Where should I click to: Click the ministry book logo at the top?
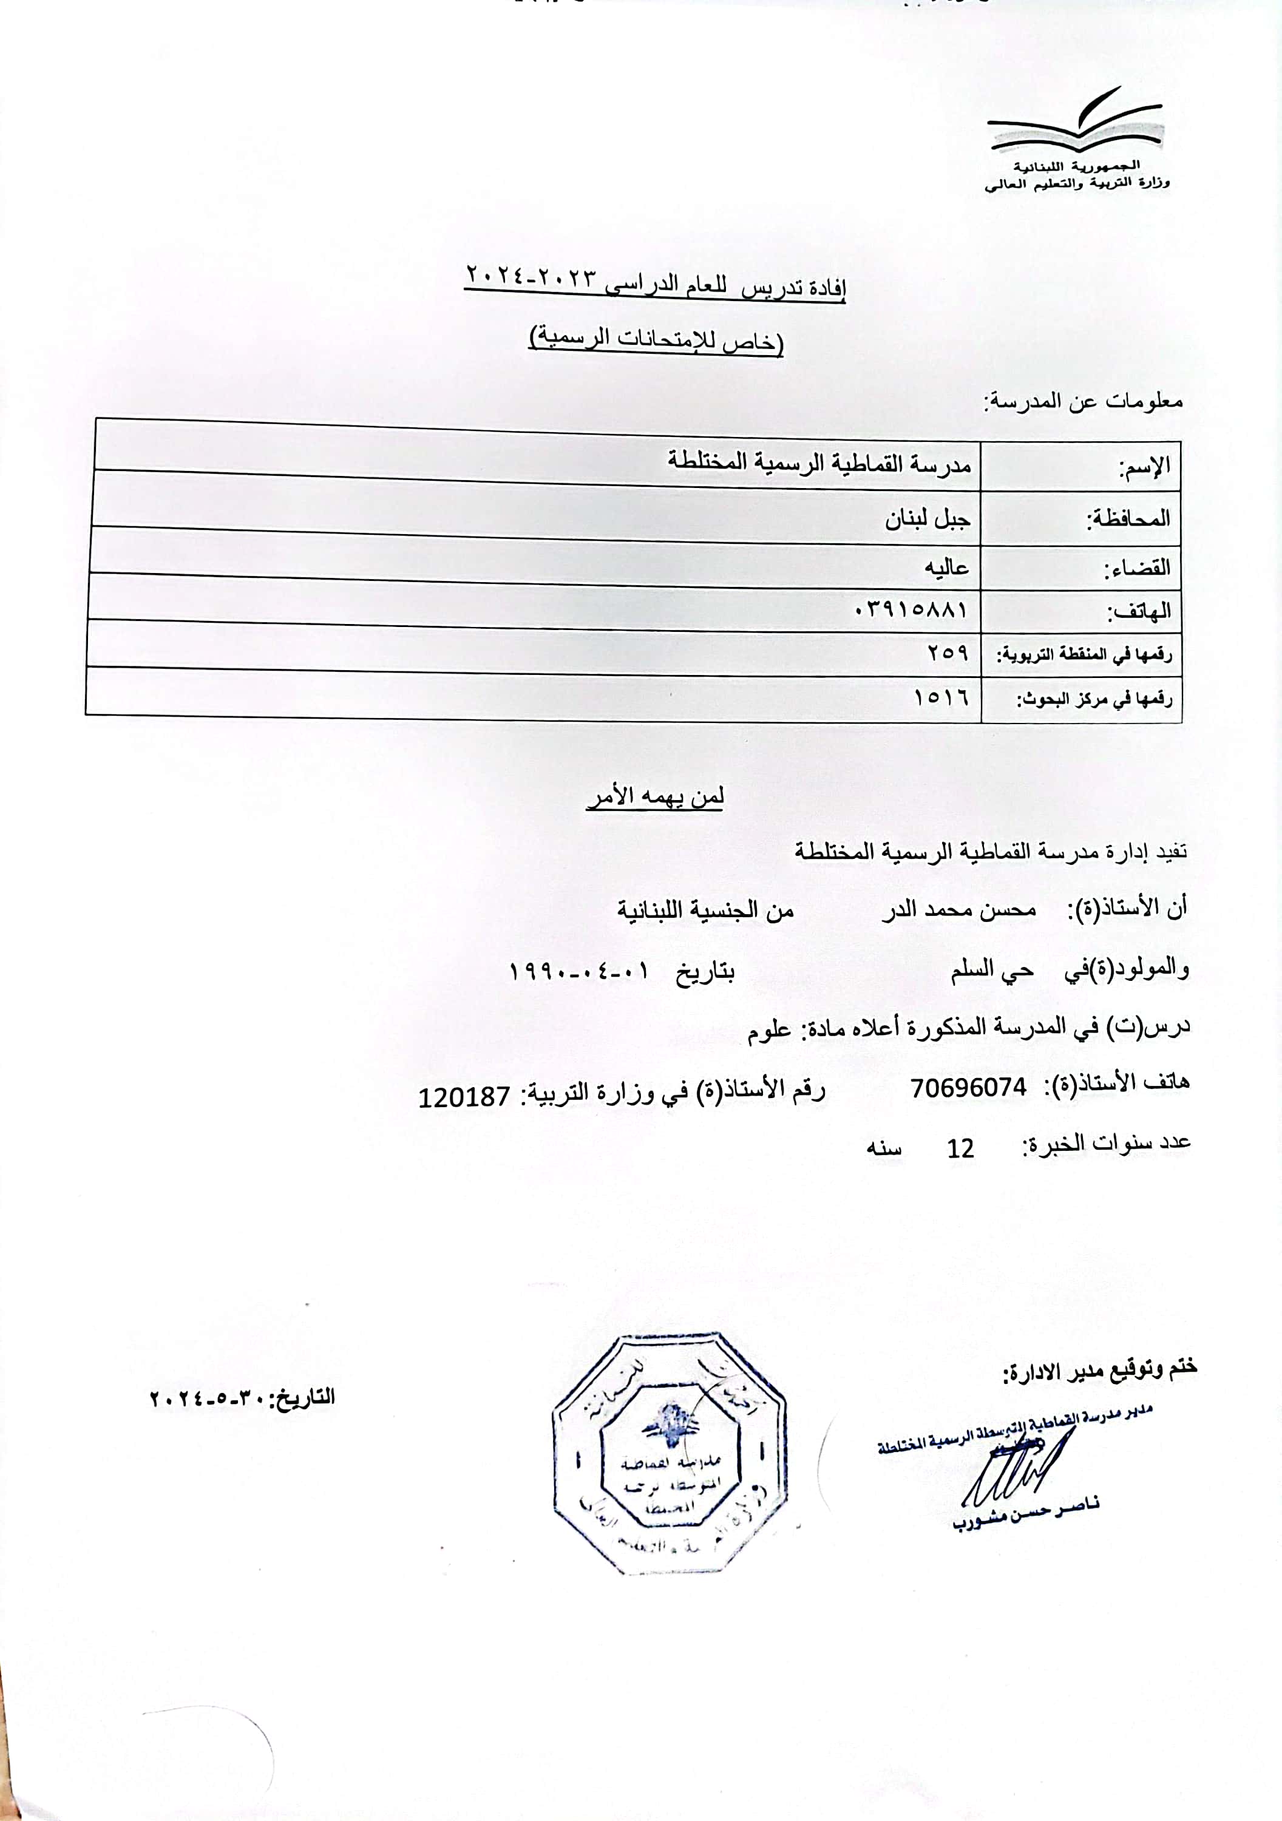[1074, 124]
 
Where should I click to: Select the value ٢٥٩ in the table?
[948, 653]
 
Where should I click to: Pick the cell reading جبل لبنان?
[928, 520]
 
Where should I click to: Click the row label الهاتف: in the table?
[1138, 611]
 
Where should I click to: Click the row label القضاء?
[1137, 568]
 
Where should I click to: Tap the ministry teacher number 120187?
[464, 1097]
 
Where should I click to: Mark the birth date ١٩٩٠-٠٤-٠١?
[579, 971]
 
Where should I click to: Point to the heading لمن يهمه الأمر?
[656, 796]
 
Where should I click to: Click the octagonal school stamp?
[670, 1454]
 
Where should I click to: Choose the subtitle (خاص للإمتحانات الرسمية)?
[656, 339]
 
